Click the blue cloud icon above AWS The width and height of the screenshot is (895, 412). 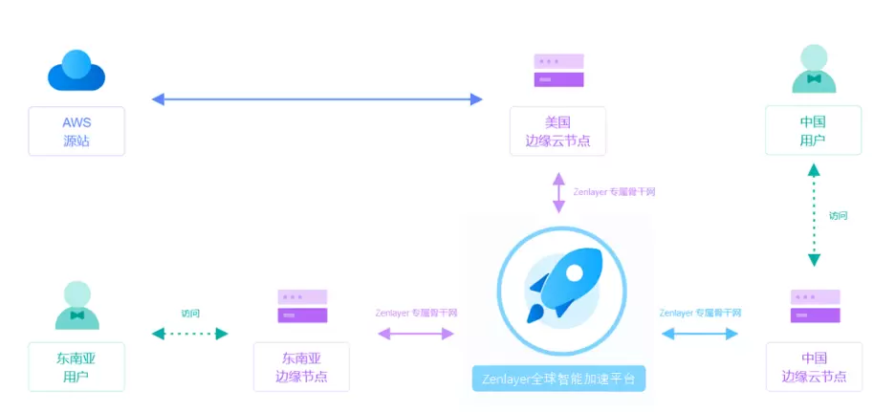[x=76, y=72]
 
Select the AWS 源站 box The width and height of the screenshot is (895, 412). [x=76, y=131]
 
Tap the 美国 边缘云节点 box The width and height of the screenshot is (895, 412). [x=557, y=131]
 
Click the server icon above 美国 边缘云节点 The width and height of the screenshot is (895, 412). [x=558, y=71]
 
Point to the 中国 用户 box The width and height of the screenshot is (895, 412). [x=813, y=131]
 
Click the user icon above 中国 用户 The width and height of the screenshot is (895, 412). [x=814, y=70]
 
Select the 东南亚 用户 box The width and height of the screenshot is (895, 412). [x=76, y=367]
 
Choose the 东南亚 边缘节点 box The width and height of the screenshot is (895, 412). [x=301, y=367]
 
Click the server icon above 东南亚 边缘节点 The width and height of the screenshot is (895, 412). [x=302, y=306]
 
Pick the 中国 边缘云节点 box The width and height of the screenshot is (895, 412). [x=814, y=367]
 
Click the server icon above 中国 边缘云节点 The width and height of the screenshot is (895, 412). [x=815, y=306]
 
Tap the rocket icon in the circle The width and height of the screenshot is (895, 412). [x=561, y=285]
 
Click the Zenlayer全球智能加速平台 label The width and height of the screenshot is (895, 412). [x=559, y=378]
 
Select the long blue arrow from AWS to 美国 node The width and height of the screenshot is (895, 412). [x=317, y=98]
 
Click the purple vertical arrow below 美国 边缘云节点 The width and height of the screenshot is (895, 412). [x=558, y=192]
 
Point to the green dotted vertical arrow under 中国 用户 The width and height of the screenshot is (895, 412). [x=814, y=214]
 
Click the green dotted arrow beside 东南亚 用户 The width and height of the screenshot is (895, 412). [x=190, y=334]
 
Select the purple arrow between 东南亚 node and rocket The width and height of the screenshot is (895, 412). [x=416, y=334]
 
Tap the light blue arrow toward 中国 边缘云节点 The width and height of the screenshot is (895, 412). [x=700, y=334]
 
